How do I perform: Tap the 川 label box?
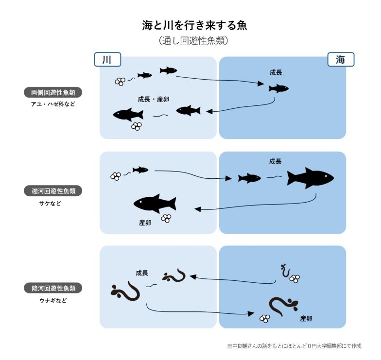pos(107,59)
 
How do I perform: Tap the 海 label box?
pos(340,59)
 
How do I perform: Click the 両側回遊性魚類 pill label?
pos(53,92)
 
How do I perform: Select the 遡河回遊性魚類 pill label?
pos(53,191)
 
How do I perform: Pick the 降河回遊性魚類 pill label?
pos(53,288)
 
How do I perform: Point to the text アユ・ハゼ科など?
pos(53,104)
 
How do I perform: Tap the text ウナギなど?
pos(53,300)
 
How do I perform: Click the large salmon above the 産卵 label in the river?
pos(155,204)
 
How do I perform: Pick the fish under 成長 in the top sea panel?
pos(278,88)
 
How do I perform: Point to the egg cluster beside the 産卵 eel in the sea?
pos(265,319)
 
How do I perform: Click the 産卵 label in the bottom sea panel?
pos(306,319)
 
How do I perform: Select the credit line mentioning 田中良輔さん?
pos(294,346)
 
